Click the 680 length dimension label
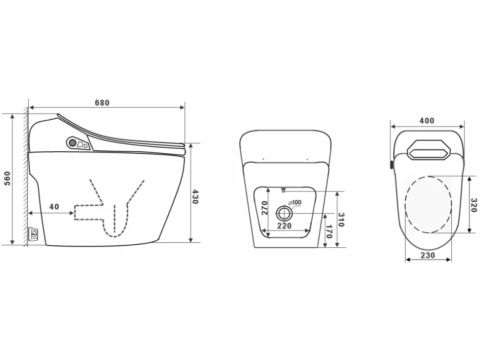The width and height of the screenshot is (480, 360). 102,103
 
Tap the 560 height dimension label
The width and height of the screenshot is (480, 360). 7,178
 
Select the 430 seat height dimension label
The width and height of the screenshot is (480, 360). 195,197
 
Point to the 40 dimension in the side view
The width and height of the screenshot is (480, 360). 54,207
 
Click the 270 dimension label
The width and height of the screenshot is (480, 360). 264,208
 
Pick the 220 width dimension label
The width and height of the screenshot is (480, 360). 284,226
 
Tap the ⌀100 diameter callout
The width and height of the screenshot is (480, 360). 295,202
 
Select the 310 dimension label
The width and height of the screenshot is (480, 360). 341,220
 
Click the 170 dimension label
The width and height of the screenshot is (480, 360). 330,231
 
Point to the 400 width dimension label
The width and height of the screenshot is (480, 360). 427,121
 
